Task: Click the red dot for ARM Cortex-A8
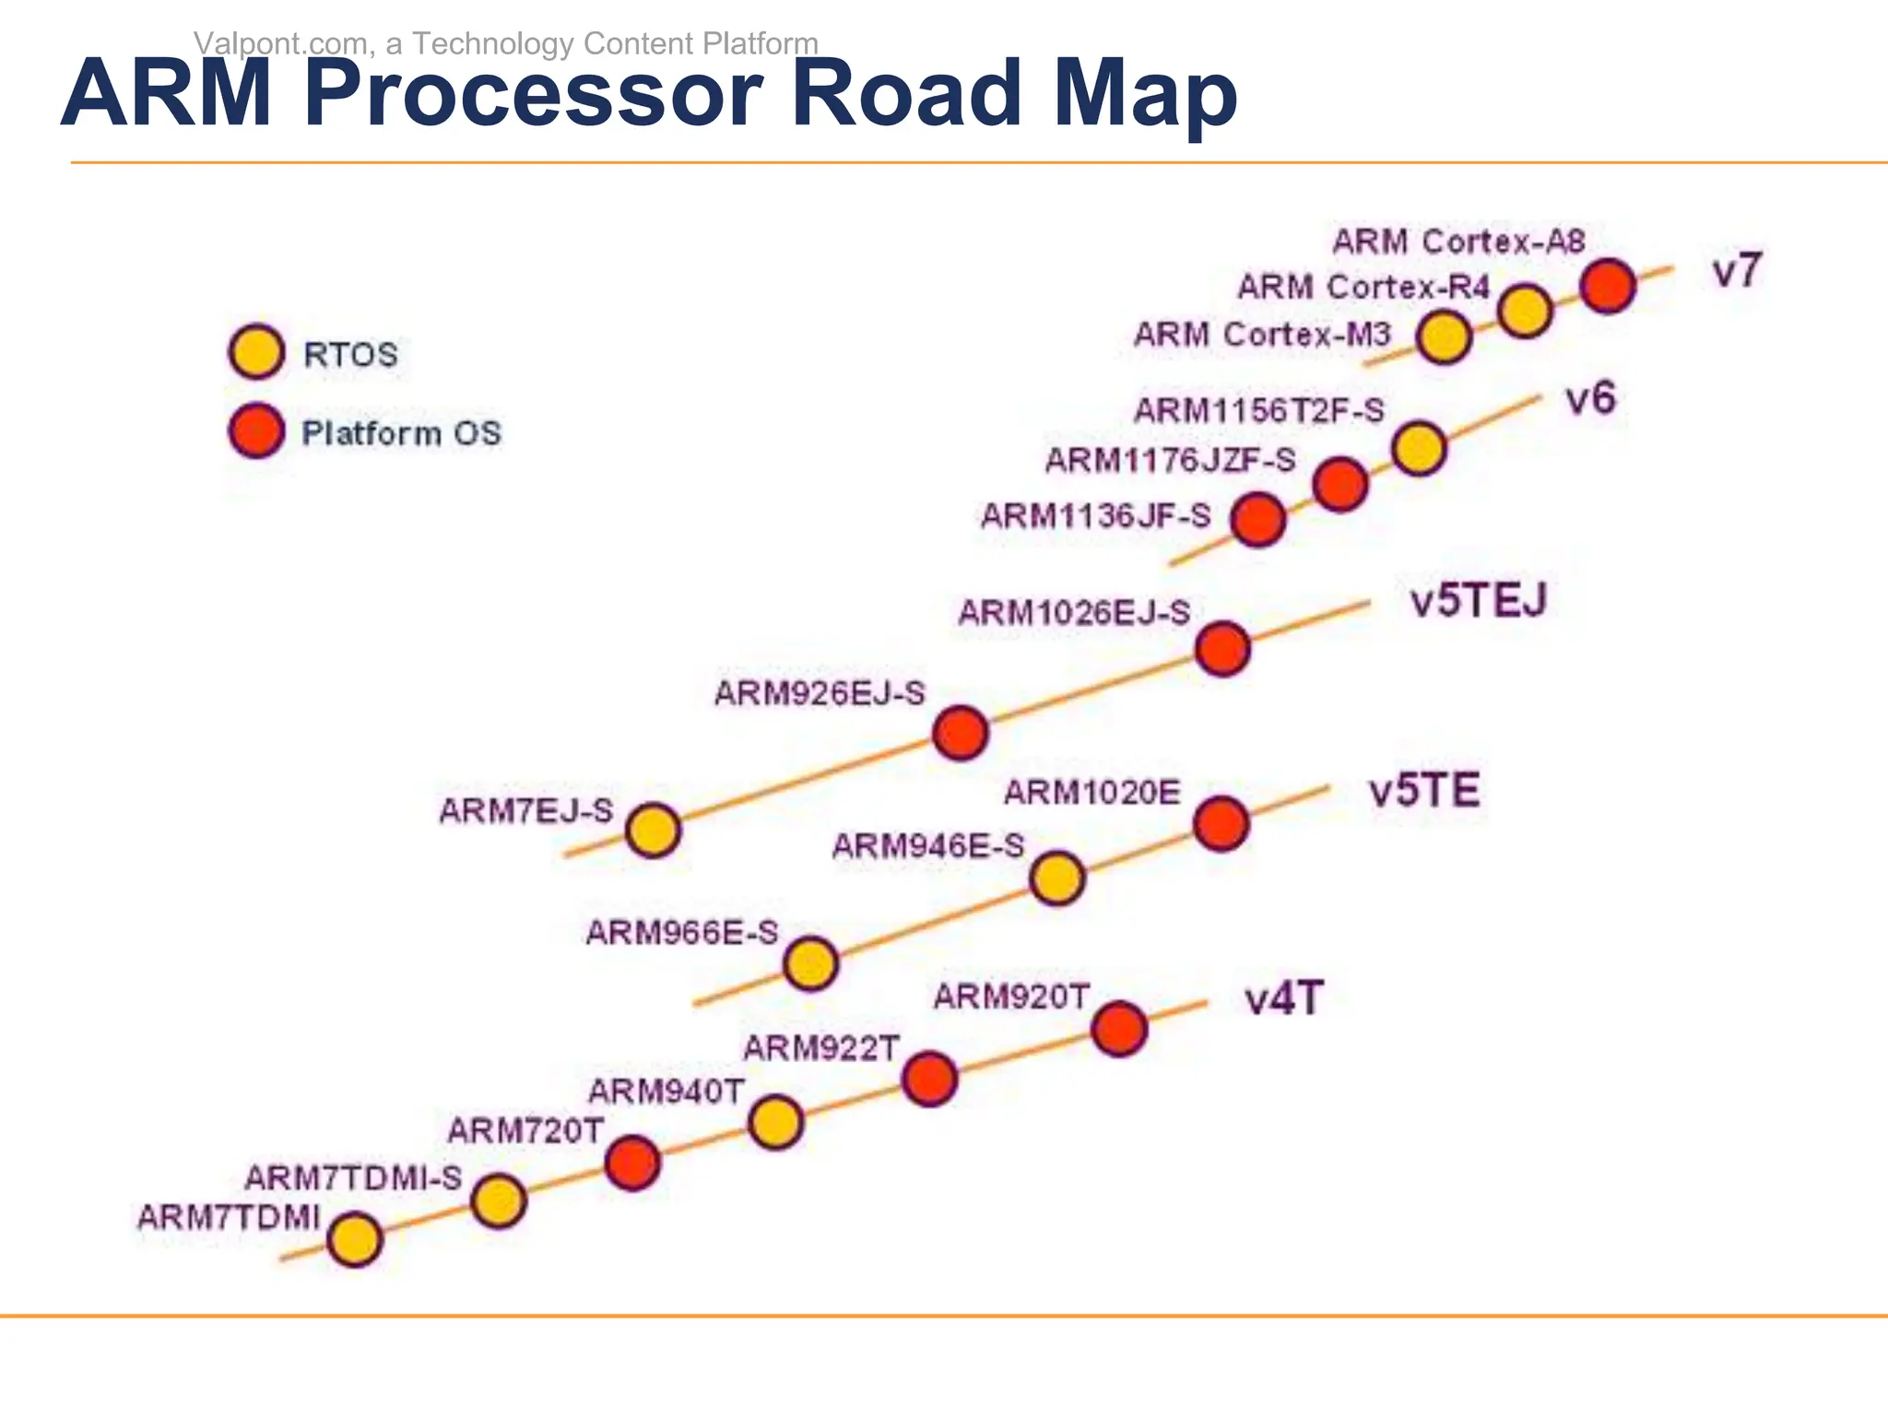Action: tap(1608, 286)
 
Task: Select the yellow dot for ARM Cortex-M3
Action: tap(1443, 337)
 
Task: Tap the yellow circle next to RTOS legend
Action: tap(255, 352)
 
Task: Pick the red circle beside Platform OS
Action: tap(255, 431)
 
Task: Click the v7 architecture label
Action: tap(1737, 271)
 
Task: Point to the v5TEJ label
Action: tap(1478, 601)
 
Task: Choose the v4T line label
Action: tap(1283, 998)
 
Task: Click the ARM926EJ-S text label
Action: tap(820, 693)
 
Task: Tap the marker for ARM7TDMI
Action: tap(354, 1239)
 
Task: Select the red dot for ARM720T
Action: tap(632, 1162)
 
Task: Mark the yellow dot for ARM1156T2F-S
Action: tap(1419, 449)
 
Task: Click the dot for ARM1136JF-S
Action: tap(1258, 519)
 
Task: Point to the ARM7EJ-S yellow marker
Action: tap(653, 830)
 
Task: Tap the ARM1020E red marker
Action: tap(1221, 823)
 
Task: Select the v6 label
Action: tap(1590, 398)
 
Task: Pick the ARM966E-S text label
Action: tap(682, 933)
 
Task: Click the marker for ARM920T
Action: tap(1119, 1029)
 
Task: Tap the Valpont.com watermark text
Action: tap(506, 43)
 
